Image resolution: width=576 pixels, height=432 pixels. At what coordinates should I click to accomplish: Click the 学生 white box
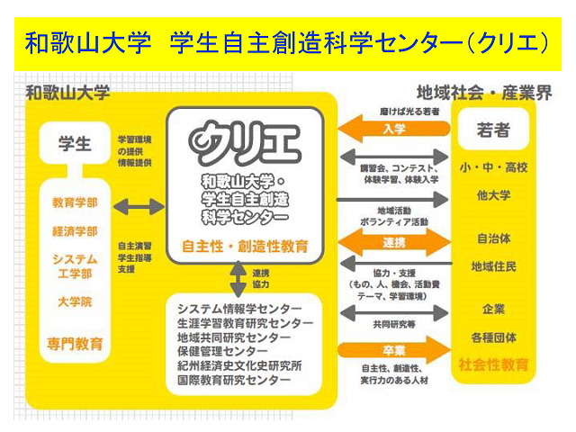[x=75, y=143]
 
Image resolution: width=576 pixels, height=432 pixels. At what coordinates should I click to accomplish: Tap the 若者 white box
[x=492, y=130]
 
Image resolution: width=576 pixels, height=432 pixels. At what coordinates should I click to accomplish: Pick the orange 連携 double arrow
[x=393, y=243]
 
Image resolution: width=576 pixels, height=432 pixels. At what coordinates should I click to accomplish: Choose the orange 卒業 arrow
[x=393, y=349]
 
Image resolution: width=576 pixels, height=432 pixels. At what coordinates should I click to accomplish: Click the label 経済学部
[x=75, y=232]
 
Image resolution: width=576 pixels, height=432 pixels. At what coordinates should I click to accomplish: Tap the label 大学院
[x=75, y=301]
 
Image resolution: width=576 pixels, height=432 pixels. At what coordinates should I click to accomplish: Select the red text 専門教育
[x=75, y=344]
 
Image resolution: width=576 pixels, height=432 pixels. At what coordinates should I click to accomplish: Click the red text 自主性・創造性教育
[x=245, y=245]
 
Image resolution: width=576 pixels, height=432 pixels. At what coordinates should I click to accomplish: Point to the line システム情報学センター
[x=244, y=309]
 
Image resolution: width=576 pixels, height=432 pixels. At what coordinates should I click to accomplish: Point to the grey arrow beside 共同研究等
[x=393, y=312]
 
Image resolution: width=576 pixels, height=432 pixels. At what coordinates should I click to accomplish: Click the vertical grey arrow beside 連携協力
[x=238, y=280]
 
